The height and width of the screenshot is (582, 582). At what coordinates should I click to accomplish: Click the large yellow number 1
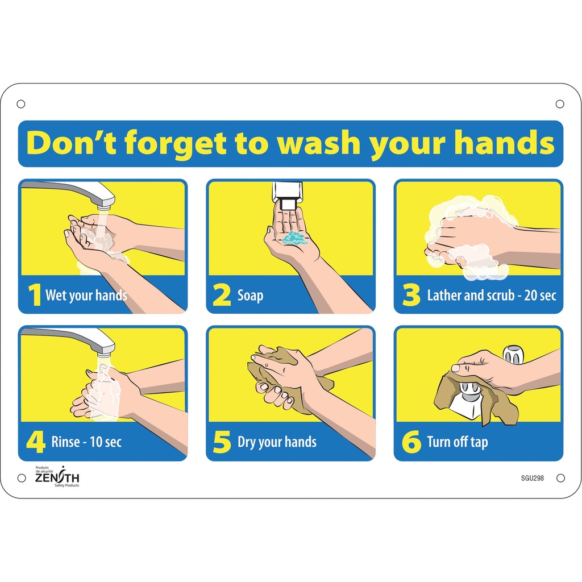click(35, 296)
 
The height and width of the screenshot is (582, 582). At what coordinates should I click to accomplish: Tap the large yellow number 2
click(221, 296)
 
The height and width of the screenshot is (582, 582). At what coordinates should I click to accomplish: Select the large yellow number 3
click(410, 296)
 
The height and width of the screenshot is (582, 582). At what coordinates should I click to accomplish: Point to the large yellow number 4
click(35, 442)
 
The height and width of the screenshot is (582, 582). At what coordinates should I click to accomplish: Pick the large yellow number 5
click(222, 442)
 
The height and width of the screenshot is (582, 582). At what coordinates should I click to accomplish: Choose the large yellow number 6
click(411, 442)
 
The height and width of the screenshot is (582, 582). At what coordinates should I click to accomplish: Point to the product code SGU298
click(532, 478)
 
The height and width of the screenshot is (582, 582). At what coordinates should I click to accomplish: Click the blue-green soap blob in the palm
click(294, 238)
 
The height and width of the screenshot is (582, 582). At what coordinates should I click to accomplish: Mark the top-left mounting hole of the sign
click(21, 103)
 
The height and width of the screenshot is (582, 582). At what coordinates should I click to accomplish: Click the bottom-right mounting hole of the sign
click(560, 478)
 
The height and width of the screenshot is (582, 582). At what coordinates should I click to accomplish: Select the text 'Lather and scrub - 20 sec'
click(491, 296)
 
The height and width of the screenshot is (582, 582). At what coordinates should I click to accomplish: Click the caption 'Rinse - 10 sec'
click(86, 442)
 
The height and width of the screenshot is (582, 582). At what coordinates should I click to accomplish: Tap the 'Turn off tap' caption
click(457, 442)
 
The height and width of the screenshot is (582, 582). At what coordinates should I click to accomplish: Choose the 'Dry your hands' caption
click(277, 442)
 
